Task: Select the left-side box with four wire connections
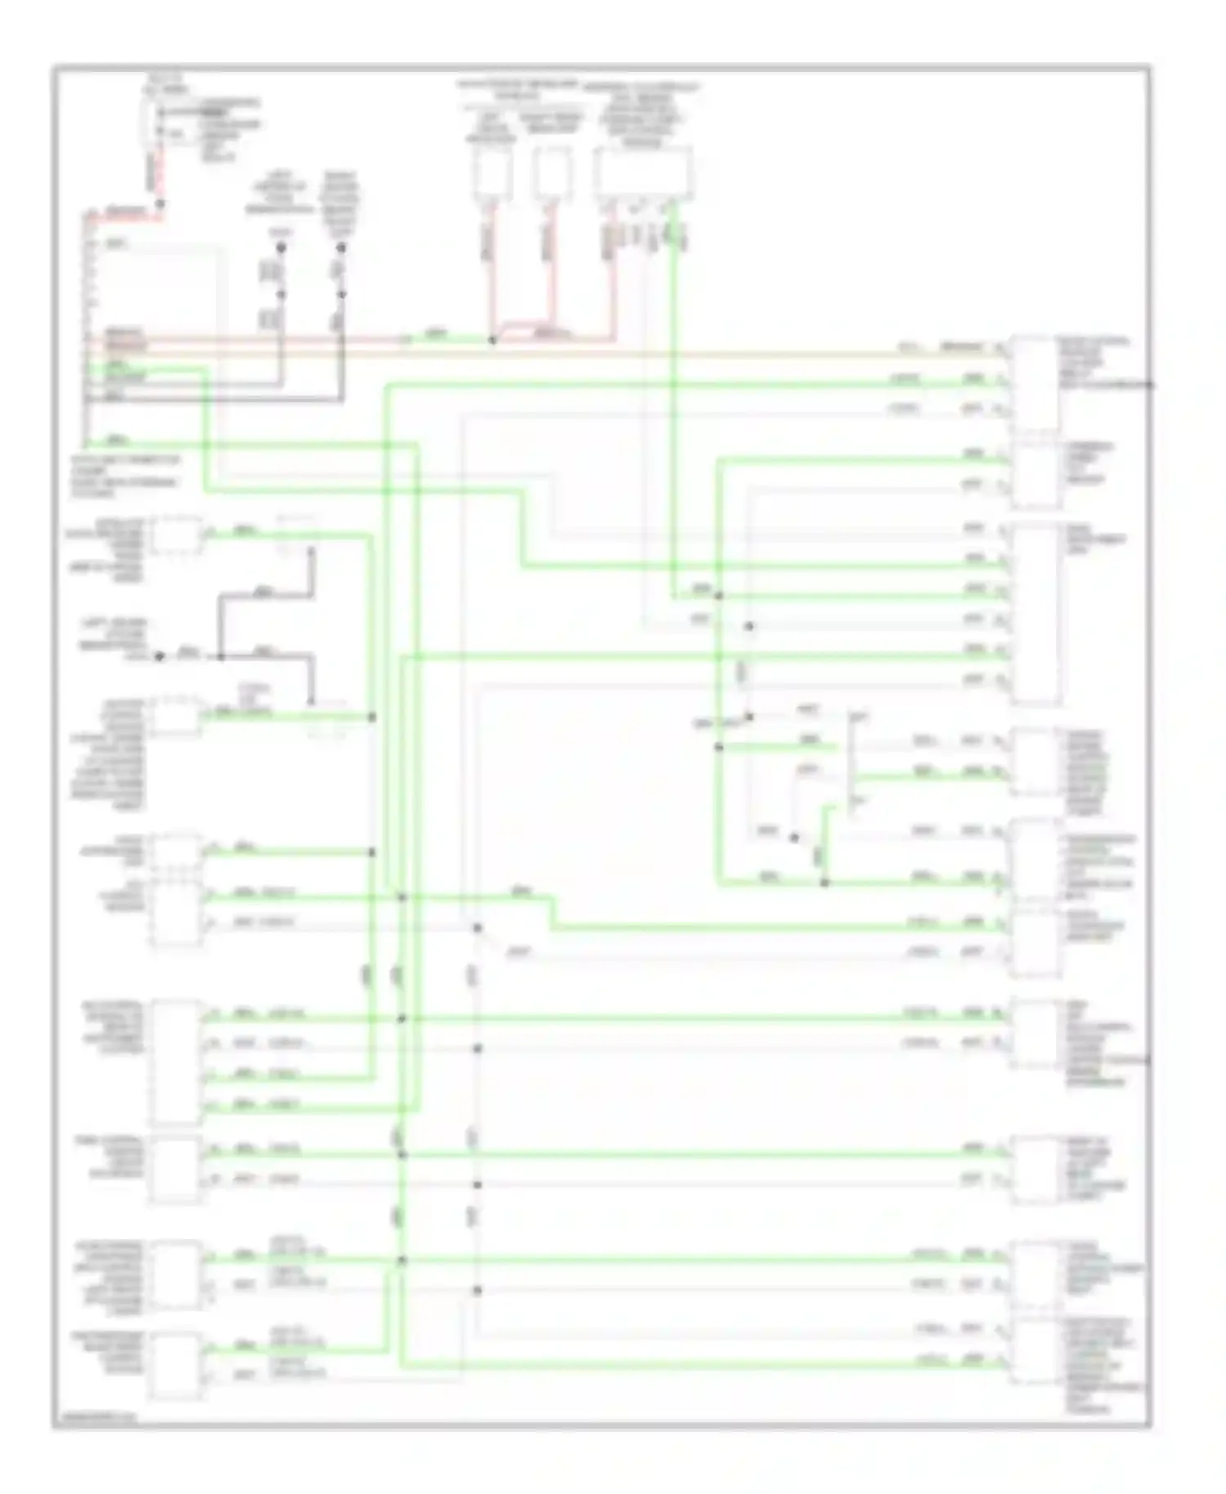click(176, 1062)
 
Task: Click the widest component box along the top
click(645, 173)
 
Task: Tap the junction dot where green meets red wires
click(492, 339)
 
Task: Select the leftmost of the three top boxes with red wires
click(491, 173)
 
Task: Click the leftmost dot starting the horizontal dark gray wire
click(160, 655)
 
